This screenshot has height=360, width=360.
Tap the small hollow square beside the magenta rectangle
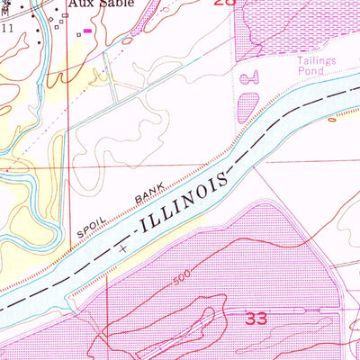(78, 34)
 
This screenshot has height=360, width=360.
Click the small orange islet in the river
(337, 116)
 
